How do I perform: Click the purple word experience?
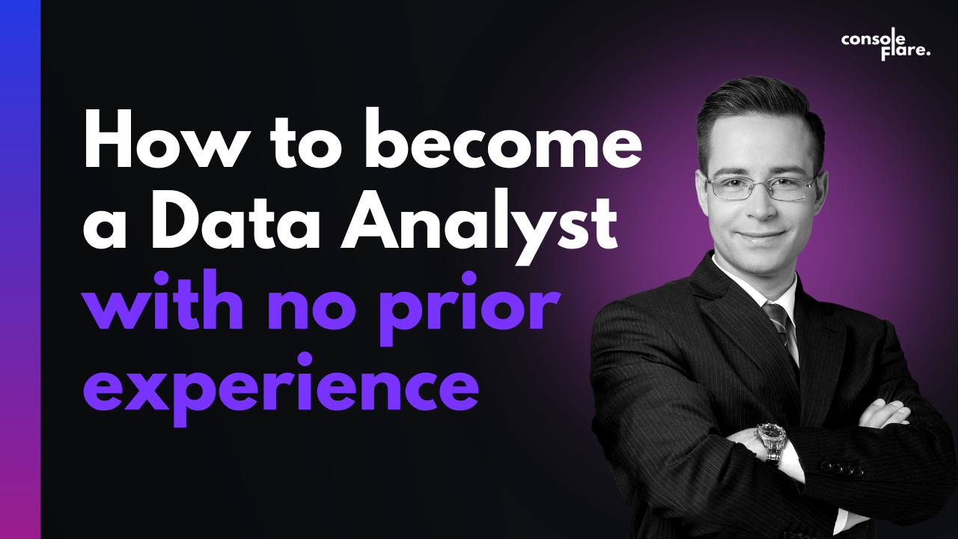click(x=281, y=389)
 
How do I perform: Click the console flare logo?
click(x=885, y=46)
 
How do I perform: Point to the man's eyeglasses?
click(x=762, y=188)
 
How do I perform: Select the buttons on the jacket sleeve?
click(x=841, y=469)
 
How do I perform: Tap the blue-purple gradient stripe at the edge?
click(x=20, y=269)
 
